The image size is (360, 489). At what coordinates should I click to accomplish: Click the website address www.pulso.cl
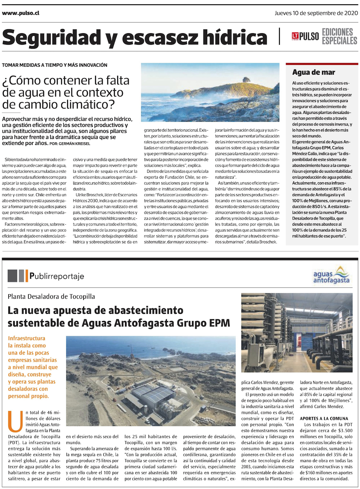[21, 13]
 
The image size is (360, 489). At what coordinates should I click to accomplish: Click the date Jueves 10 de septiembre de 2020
[316, 13]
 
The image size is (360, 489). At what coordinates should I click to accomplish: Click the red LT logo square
[295, 36]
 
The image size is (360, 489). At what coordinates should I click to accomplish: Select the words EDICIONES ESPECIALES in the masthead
[339, 36]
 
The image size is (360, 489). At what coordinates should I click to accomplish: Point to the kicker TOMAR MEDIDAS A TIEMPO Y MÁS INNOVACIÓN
[55, 65]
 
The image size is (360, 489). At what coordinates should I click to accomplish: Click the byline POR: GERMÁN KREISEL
[70, 143]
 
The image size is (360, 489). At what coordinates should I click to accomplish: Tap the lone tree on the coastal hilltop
[246, 79]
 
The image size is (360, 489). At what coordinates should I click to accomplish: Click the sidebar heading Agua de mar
[314, 72]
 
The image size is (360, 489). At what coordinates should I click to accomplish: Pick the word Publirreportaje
[57, 276]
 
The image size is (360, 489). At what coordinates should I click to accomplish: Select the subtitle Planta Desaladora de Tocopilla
[51, 297]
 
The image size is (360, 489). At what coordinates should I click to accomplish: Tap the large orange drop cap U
[15, 421]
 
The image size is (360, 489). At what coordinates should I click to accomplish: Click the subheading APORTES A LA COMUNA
[324, 418]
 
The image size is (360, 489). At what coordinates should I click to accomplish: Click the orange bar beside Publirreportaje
[26, 276]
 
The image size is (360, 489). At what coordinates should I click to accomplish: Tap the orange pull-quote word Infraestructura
[27, 338]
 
